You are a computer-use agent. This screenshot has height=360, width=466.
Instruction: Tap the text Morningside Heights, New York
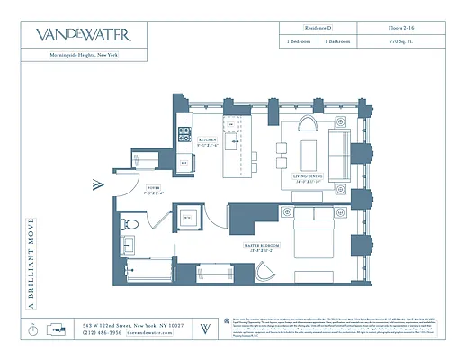(x=82, y=56)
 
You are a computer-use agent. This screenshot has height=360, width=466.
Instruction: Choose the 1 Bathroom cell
(x=342, y=42)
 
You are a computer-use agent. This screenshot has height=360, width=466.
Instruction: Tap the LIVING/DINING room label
(x=307, y=178)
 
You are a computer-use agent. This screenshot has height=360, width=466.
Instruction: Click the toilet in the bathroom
(x=130, y=223)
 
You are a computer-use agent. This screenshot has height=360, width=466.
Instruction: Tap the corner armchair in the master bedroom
(x=266, y=274)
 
